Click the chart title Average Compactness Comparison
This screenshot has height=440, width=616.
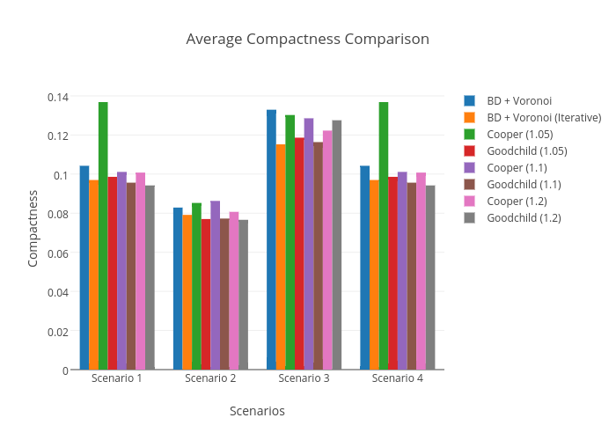click(x=307, y=40)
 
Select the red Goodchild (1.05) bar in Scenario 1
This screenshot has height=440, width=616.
click(x=113, y=273)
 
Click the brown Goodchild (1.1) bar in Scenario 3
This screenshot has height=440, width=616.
click(x=318, y=255)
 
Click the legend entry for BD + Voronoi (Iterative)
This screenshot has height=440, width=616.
click(x=544, y=117)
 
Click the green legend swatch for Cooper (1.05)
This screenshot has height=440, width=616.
click(x=470, y=134)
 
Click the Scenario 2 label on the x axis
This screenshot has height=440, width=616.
click(x=210, y=378)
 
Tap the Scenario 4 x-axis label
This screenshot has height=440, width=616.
click(x=397, y=378)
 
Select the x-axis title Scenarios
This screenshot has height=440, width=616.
click(x=257, y=411)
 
